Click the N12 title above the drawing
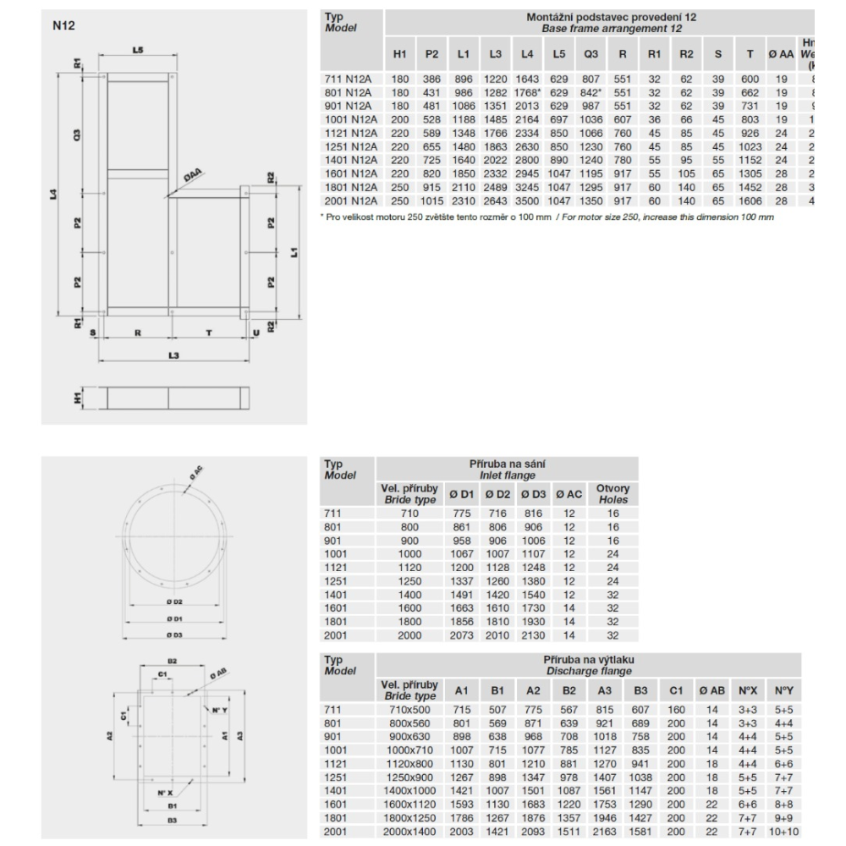coord(64,26)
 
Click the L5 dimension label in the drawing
coord(139,51)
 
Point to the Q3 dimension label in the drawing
coord(77,135)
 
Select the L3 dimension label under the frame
coord(172,355)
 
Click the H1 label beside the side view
coord(77,397)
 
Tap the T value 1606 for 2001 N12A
coord(750,202)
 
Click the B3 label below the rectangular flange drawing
coord(173,820)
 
